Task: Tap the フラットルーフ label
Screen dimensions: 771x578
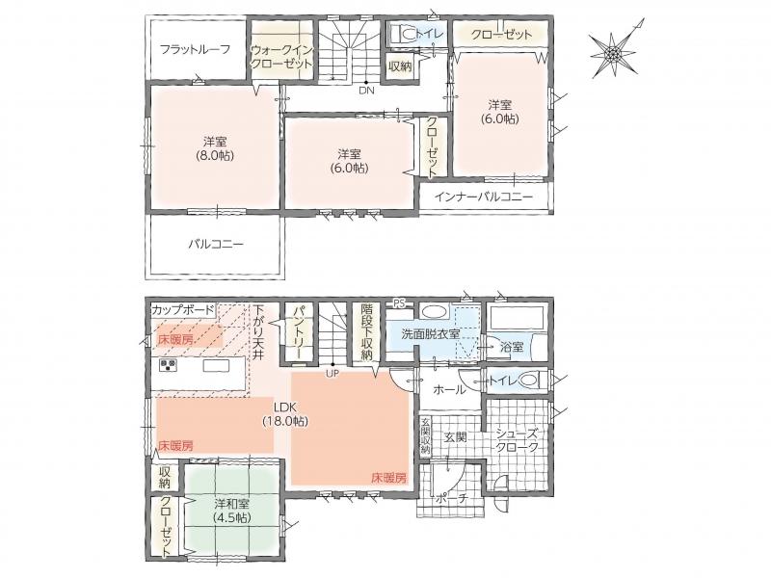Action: (196, 49)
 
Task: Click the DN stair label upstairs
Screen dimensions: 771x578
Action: (366, 91)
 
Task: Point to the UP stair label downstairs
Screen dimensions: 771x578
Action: (332, 374)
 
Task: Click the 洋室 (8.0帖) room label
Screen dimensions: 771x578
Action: (215, 148)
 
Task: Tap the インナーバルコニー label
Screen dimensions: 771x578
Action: (484, 197)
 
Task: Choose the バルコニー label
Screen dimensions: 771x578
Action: (216, 244)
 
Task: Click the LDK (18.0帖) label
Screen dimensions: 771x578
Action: (285, 414)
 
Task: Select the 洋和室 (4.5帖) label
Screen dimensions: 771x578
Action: (231, 511)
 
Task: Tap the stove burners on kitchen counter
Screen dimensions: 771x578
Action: (168, 365)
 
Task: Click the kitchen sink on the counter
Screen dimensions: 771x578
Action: (216, 366)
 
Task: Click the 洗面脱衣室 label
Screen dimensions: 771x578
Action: (431, 334)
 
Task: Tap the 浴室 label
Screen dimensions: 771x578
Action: (512, 347)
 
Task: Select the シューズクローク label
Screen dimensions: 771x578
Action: (517, 440)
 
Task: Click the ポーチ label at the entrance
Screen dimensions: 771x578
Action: (452, 499)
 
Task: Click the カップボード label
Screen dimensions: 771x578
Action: (183, 310)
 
